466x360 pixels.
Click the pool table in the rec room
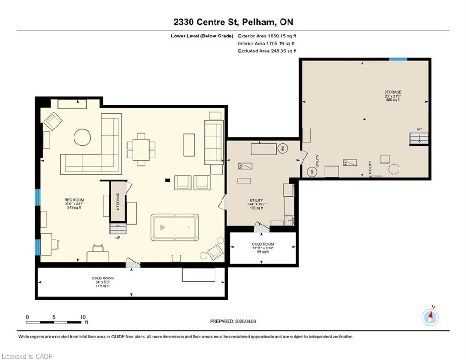[x=174, y=227]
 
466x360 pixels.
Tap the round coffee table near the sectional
[x=82, y=137]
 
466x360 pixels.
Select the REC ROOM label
[x=74, y=203]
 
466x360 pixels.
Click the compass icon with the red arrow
[x=430, y=317]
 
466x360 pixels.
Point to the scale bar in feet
[x=57, y=320]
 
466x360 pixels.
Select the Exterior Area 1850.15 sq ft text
[x=267, y=36]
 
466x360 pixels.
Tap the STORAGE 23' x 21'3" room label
[x=392, y=96]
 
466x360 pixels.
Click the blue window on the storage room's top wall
[x=398, y=60]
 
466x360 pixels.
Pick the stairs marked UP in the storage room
[x=419, y=139]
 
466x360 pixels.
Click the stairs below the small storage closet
[x=118, y=229]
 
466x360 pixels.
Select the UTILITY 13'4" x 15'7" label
[x=256, y=204]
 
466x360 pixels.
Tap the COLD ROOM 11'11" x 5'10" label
[x=263, y=248]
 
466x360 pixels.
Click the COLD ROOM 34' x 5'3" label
[x=103, y=282]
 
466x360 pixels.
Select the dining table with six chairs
[x=141, y=150]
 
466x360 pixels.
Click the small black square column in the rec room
[x=168, y=180]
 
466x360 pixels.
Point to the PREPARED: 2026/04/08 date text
[x=233, y=321]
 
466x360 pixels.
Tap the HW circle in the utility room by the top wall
[x=282, y=148]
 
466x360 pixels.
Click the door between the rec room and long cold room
[x=133, y=263]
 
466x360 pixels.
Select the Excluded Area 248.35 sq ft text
[x=267, y=51]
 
